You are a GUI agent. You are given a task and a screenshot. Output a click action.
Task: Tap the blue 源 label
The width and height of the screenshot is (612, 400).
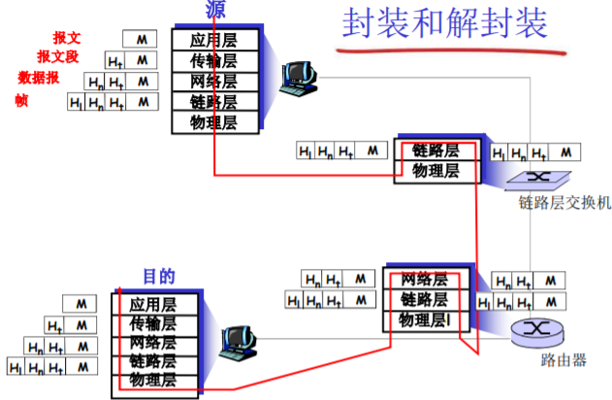[x=215, y=11]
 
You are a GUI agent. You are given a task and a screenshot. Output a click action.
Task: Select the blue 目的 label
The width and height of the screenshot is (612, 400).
[x=159, y=277]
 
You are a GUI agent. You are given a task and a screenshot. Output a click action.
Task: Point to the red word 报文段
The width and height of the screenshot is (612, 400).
[x=58, y=56]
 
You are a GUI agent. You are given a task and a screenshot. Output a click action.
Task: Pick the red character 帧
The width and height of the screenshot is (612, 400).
[x=21, y=99]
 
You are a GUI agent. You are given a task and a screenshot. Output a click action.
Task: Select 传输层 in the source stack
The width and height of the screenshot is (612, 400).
[x=215, y=60]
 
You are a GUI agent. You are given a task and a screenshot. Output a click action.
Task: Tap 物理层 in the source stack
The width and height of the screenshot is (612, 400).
[x=215, y=122]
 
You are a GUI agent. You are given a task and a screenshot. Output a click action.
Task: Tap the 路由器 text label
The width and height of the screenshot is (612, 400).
[x=563, y=359]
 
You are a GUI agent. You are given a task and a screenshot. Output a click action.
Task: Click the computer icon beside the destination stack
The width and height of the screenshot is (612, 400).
[x=235, y=340]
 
